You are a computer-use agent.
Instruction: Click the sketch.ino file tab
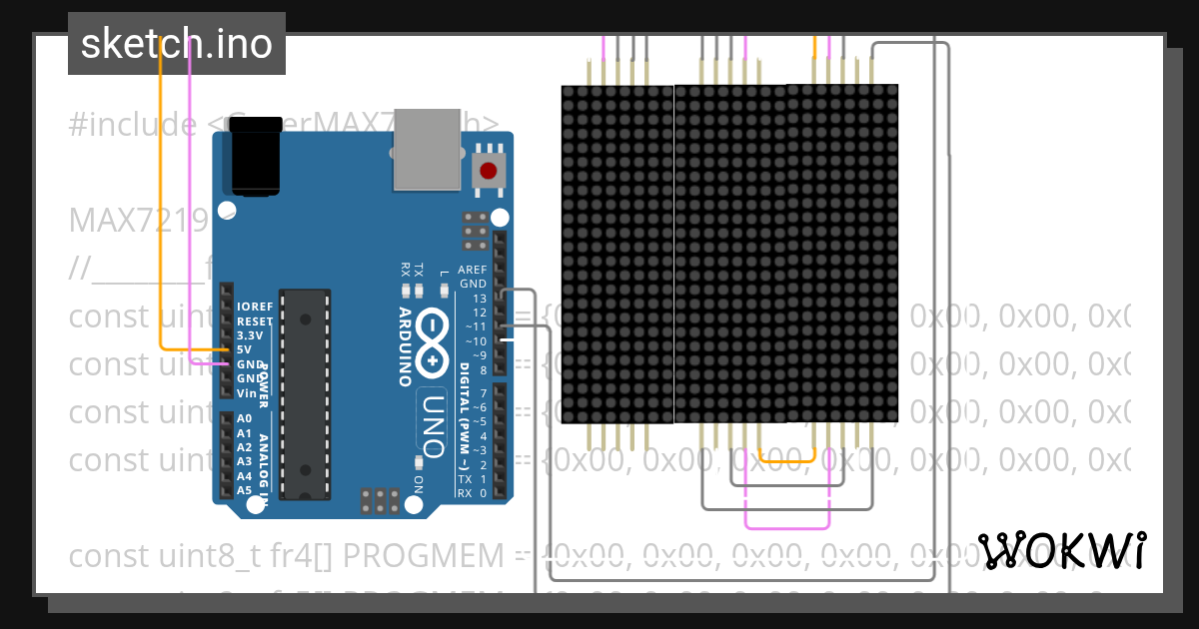pyautogui.click(x=177, y=44)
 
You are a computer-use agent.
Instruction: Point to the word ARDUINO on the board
pyautogui.click(x=406, y=345)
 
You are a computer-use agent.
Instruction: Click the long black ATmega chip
pyautogui.click(x=305, y=393)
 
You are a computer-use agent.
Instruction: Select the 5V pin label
pyautogui.click(x=245, y=350)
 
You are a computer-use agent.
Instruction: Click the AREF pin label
pyautogui.click(x=472, y=270)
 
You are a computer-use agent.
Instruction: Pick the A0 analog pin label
pyautogui.click(x=244, y=418)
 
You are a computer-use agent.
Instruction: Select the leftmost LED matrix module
pyautogui.click(x=617, y=254)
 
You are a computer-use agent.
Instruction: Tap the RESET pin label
pyautogui.click(x=254, y=321)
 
